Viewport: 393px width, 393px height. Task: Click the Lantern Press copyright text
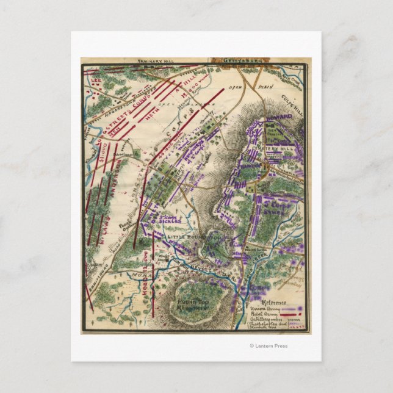(269, 346)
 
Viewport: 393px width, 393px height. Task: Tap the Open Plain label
(234, 87)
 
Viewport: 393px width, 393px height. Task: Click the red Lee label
(93, 79)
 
